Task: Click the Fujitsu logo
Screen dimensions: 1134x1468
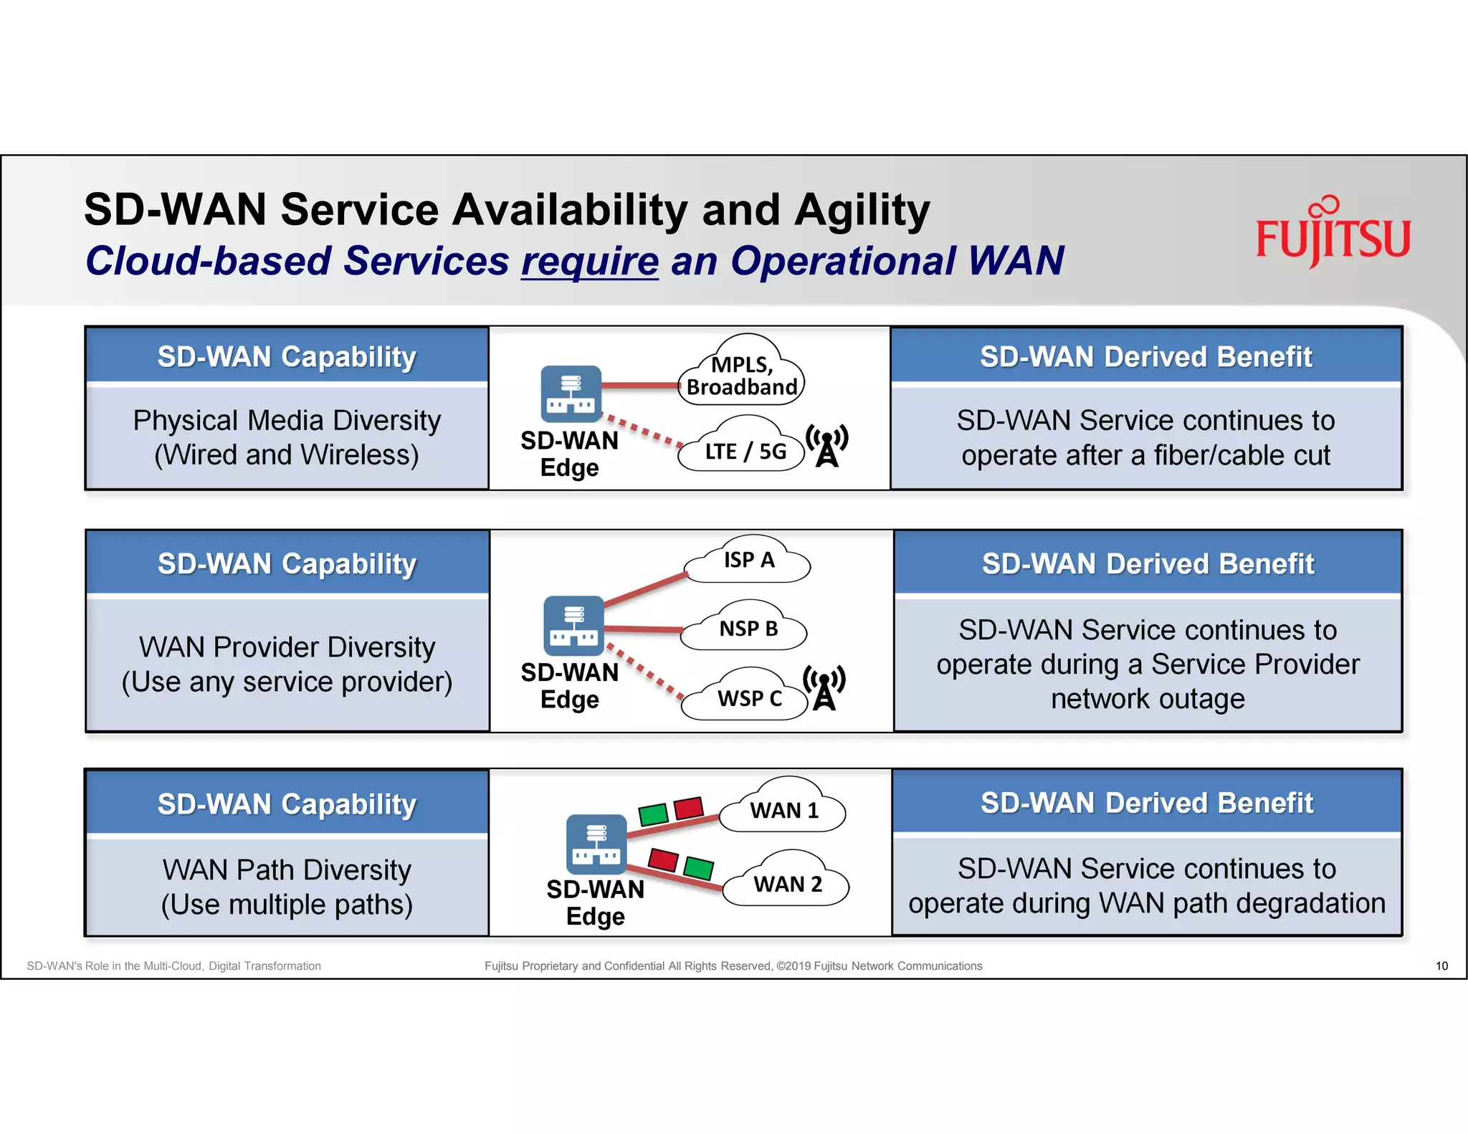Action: (1333, 234)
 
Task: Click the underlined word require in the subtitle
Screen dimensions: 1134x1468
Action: (589, 261)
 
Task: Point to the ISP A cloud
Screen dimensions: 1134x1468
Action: (748, 561)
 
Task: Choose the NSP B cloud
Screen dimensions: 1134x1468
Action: (747, 629)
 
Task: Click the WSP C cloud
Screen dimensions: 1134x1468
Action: (748, 697)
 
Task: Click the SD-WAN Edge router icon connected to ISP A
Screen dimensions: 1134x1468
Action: (573, 625)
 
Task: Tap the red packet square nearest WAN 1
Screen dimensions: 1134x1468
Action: (689, 808)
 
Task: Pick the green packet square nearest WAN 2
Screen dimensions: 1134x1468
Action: (698, 867)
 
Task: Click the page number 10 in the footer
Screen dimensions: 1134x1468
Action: (1441, 966)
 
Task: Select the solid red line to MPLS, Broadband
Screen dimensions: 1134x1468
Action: (639, 386)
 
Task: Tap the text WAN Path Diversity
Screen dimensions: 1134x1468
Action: (287, 869)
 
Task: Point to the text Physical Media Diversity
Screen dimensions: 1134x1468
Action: (287, 420)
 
